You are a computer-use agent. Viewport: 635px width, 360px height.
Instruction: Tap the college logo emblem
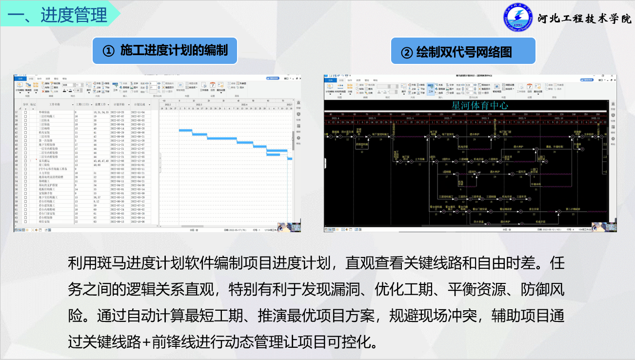click(518, 18)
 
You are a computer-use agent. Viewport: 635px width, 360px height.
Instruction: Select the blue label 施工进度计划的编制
click(165, 50)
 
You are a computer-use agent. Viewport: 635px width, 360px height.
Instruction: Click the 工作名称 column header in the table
click(55, 104)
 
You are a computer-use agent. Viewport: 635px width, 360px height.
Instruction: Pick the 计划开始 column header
click(119, 104)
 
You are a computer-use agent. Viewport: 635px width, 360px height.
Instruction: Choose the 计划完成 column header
click(140, 104)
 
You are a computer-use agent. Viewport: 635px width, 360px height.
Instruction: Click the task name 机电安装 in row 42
click(44, 132)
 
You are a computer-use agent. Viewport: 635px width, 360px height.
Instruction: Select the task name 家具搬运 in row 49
click(44, 160)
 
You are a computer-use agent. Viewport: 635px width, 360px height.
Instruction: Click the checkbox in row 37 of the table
click(26, 112)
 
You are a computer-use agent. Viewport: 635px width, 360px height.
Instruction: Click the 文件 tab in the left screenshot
click(20, 79)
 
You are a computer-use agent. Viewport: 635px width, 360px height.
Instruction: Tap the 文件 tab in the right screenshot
click(330, 80)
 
